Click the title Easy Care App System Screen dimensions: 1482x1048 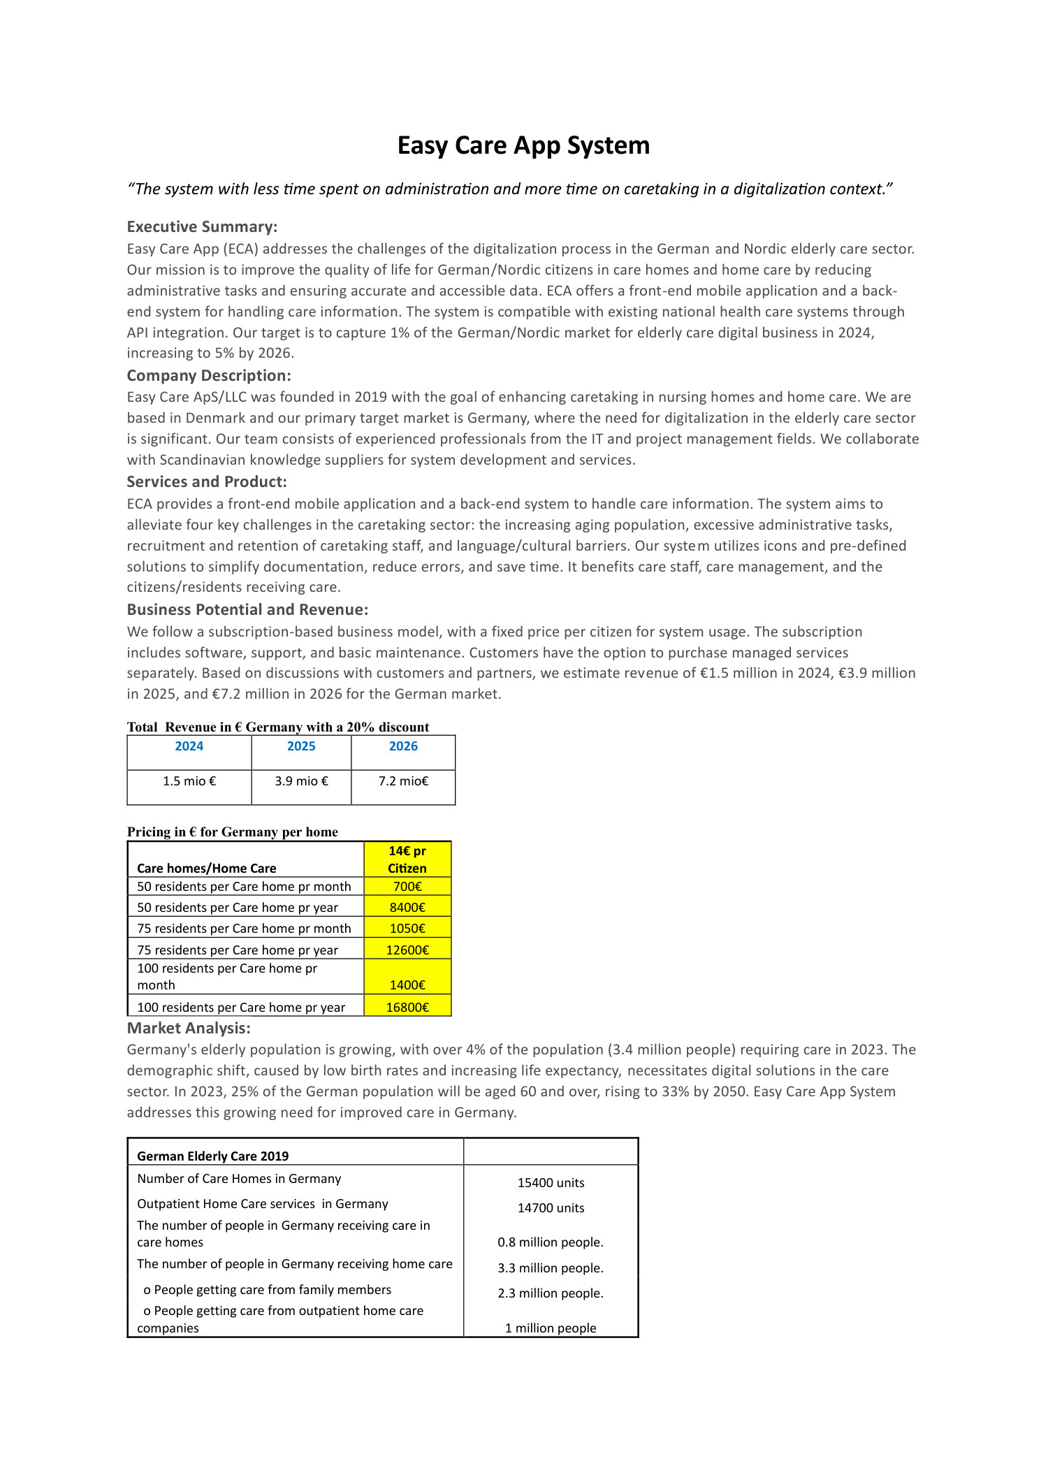523,145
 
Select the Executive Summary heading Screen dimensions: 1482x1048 202,226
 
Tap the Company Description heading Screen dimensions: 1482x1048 209,375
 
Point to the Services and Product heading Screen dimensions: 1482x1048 207,481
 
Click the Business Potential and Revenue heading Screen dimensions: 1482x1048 247,609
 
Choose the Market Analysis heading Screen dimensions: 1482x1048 189,1028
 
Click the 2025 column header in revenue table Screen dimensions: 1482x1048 301,746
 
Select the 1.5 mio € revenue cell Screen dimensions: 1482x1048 189,781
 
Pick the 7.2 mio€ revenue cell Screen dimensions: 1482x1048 403,781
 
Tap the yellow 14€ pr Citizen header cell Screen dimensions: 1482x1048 407,859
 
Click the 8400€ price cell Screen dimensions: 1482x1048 407,908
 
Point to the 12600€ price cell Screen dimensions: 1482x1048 407,950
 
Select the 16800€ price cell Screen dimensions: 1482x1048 407,1008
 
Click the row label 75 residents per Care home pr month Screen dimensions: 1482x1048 244,929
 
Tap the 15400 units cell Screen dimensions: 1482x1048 551,1183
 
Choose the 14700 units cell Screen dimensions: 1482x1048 551,1208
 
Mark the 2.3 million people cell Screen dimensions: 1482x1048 551,1293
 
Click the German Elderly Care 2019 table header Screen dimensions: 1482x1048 213,1156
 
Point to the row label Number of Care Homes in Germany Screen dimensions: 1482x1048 239,1179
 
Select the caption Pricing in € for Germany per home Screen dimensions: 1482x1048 233,831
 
